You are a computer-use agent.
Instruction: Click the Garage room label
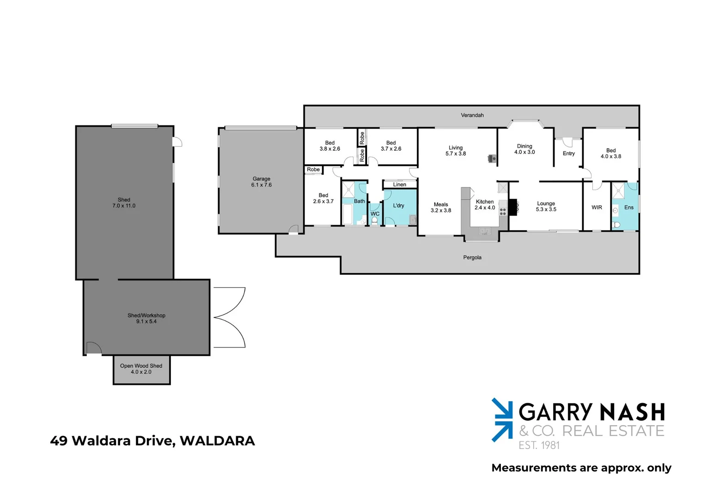tap(261, 179)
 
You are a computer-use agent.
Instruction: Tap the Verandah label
tap(472, 115)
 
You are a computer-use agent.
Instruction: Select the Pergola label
tap(472, 257)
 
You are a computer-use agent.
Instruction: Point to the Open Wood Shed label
tap(141, 366)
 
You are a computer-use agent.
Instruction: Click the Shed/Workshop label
tap(146, 316)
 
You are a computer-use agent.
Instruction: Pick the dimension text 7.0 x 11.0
tap(124, 206)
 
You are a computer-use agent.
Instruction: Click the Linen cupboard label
tap(399, 185)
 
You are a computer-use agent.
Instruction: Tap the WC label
tap(375, 214)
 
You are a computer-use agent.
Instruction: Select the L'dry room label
tap(398, 206)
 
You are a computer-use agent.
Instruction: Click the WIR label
tap(596, 207)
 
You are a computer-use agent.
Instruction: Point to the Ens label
tap(628, 207)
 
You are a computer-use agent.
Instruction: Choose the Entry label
tap(568, 153)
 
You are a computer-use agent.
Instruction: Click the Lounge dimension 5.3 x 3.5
tap(546, 210)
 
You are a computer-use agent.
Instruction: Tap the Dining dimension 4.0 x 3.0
tap(524, 152)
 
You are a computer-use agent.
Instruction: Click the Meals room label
tap(440, 204)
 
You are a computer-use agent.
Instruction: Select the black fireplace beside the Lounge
tap(512, 207)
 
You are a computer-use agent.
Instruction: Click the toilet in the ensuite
tap(616, 225)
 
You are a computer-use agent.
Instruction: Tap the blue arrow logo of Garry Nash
tap(502, 420)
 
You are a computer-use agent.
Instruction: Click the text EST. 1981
tap(539, 445)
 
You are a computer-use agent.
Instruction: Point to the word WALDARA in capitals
tap(217, 441)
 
